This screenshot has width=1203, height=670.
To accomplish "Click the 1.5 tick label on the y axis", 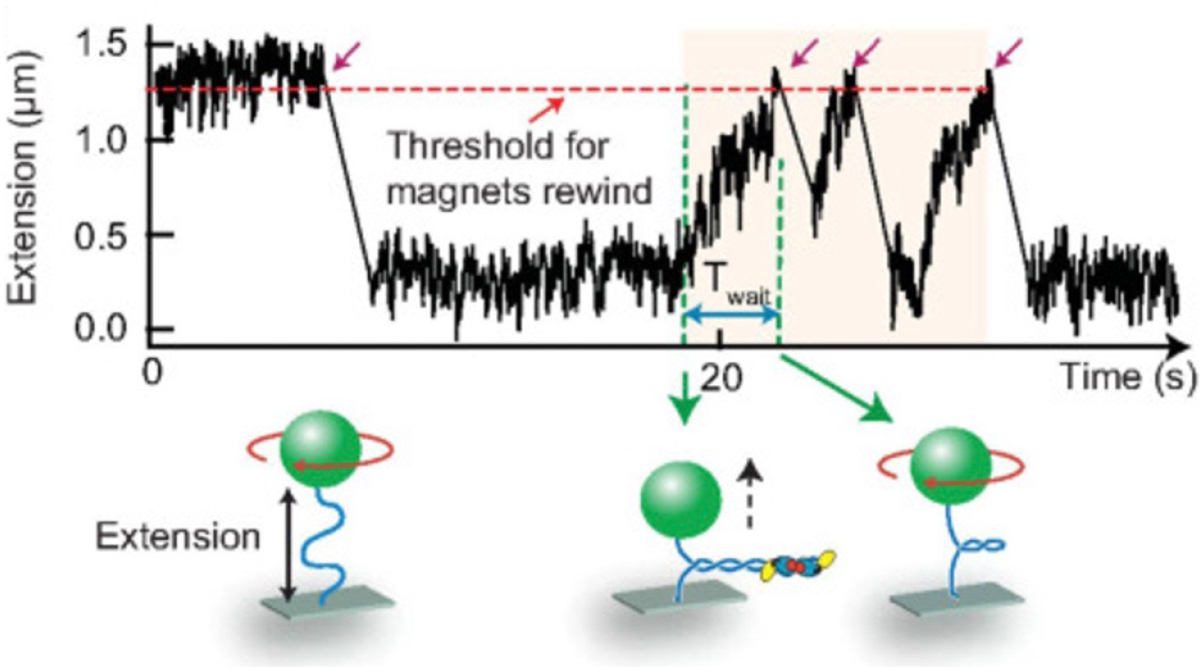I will tap(114, 46).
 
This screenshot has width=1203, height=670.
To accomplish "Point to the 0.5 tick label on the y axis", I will tap(114, 235).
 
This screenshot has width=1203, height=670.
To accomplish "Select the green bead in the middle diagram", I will tap(678, 497).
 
